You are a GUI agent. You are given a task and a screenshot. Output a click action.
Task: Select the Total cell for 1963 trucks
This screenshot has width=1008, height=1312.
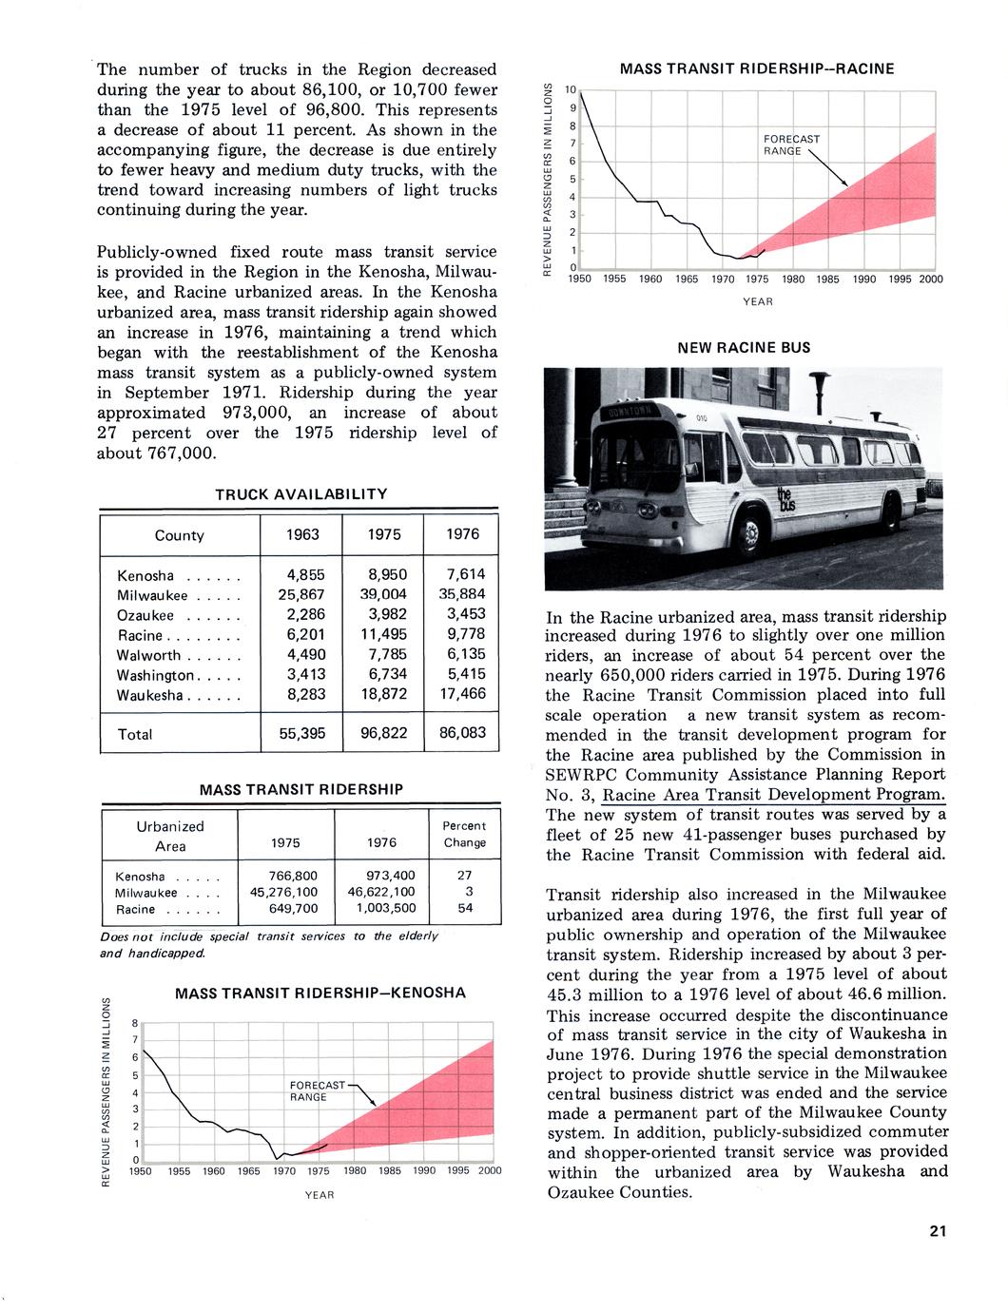pos(302,734)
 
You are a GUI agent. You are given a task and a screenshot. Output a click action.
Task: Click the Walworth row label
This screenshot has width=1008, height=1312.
pos(148,655)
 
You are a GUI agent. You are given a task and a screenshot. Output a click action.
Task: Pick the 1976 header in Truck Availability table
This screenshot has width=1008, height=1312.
pos(462,534)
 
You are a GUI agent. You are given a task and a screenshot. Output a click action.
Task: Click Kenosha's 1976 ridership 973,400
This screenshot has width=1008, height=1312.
pos(391,876)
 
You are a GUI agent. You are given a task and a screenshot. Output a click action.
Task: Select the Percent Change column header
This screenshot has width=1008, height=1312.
pos(464,834)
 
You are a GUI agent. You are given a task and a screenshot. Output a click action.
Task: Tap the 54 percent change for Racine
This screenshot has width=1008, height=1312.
pos(464,909)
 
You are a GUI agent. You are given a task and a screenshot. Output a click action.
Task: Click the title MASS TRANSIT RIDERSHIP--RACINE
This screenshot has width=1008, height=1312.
pos(757,68)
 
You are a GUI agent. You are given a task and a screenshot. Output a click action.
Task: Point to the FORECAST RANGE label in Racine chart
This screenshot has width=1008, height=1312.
pos(791,145)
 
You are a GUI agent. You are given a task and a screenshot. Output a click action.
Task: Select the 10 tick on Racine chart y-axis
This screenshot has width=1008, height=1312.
pos(571,89)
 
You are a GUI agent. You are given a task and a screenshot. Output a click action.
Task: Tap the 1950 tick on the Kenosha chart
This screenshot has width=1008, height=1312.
pos(141,1171)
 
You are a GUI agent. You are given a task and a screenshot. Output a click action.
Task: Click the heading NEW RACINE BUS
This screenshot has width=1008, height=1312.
pos(744,348)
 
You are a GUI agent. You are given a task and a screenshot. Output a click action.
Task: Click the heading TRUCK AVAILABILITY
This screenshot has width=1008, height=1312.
pos(301,494)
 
